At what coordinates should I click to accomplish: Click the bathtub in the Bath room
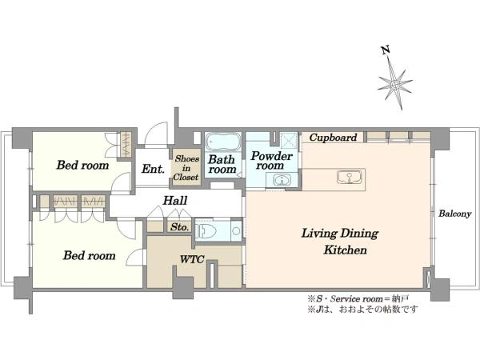click(x=222, y=142)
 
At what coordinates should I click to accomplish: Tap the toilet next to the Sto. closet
click(x=206, y=230)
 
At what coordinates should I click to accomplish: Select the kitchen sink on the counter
click(x=350, y=177)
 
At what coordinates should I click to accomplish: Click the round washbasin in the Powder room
click(x=281, y=180)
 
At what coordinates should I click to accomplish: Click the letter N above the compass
click(x=386, y=50)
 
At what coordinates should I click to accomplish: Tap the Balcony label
click(x=454, y=214)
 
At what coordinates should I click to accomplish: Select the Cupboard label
click(x=333, y=138)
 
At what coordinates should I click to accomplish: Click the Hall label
click(x=174, y=201)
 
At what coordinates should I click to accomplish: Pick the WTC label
click(x=192, y=259)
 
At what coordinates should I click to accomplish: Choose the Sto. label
click(x=179, y=227)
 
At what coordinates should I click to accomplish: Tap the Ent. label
click(x=153, y=169)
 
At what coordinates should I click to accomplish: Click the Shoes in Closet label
click(x=186, y=168)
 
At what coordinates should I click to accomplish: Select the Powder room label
click(x=271, y=161)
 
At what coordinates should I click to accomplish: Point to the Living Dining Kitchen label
click(x=340, y=242)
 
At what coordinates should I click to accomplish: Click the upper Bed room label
click(x=82, y=166)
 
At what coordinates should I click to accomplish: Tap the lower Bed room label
click(x=89, y=256)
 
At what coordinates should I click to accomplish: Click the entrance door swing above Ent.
click(x=156, y=133)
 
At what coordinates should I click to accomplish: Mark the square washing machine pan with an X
click(x=289, y=141)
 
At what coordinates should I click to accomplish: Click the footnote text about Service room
click(x=358, y=298)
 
